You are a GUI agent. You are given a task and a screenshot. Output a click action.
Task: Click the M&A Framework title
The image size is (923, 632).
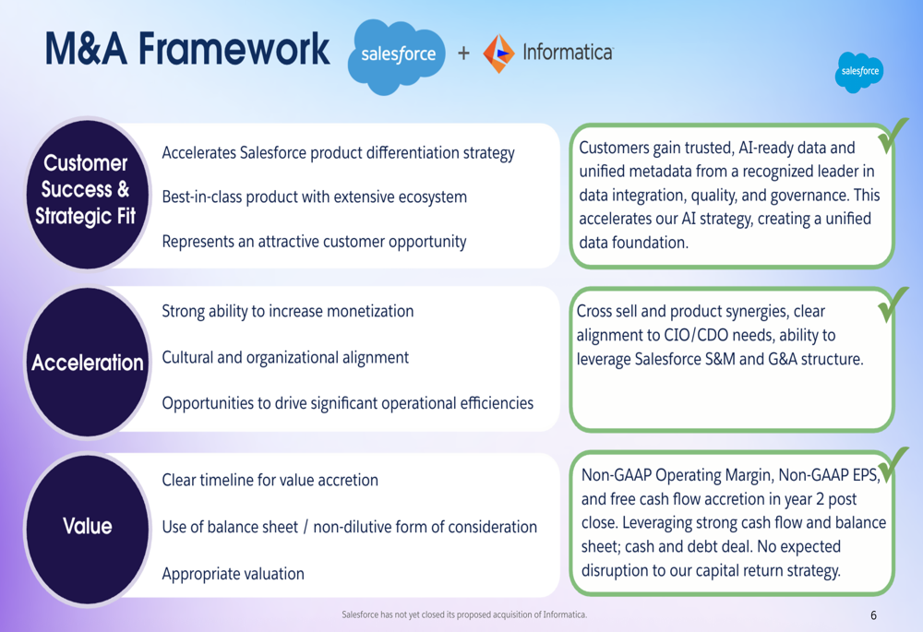[x=187, y=49]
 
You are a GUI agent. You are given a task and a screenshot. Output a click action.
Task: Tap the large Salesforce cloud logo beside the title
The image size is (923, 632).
[x=396, y=56]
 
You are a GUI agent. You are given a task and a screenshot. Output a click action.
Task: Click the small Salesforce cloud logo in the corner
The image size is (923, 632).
[x=858, y=72]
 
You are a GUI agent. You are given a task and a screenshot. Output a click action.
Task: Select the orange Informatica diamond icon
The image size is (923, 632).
[x=498, y=53]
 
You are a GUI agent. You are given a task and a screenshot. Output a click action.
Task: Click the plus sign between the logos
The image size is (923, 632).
[x=464, y=53]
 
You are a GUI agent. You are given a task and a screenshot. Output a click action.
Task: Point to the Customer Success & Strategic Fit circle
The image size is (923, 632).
[x=87, y=193]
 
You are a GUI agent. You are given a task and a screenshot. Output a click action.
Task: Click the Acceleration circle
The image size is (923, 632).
[x=87, y=362]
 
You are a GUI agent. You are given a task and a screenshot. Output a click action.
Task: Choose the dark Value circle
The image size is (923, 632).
[x=87, y=527]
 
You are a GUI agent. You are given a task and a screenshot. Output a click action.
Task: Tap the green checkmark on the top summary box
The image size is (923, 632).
[x=892, y=137]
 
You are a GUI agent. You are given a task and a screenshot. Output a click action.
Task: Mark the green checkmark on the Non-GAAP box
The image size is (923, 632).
[x=893, y=465]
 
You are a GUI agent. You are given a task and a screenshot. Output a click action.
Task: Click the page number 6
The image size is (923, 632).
[x=873, y=615]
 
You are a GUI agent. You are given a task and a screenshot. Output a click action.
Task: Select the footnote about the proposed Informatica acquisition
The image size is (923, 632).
[x=464, y=614]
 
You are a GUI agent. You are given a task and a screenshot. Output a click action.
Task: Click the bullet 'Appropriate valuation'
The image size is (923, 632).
[x=234, y=574]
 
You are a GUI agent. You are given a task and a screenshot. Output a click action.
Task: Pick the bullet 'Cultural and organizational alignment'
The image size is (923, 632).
[x=285, y=358]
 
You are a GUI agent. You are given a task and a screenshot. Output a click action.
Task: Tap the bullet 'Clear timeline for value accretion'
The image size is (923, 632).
[x=270, y=480]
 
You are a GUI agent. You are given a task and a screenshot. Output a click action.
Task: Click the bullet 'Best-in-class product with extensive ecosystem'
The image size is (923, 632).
[x=315, y=197]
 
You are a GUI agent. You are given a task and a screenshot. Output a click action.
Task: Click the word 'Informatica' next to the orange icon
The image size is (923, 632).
[x=568, y=53]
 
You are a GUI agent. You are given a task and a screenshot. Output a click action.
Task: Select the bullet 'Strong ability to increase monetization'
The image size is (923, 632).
[x=288, y=311]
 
